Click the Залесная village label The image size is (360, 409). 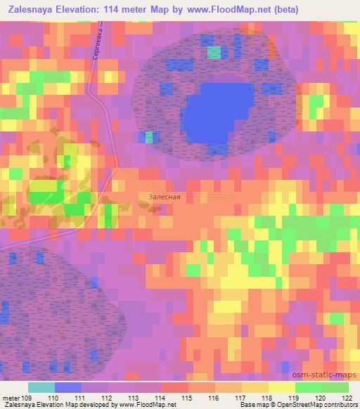click(x=165, y=197)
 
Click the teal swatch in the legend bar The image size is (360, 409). click(x=41, y=387)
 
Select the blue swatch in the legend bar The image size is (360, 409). click(x=67, y=387)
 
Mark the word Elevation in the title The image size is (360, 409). click(x=92, y=10)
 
